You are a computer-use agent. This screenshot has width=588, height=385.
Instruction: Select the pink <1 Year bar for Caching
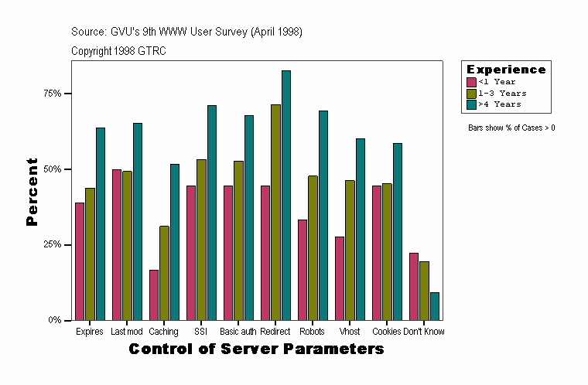coord(154,295)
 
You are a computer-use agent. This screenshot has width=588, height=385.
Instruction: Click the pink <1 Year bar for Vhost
coord(340,278)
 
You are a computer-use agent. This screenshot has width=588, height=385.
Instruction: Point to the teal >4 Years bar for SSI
coord(212,213)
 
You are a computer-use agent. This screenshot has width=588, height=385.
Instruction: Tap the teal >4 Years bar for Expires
coord(101,223)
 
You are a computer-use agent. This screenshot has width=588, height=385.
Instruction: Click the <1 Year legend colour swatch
coord(471,81)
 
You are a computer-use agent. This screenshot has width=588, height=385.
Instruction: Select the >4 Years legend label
coord(499,104)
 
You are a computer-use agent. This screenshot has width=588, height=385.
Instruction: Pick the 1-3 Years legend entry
coord(502,93)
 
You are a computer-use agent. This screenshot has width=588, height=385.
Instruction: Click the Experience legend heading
coord(505,70)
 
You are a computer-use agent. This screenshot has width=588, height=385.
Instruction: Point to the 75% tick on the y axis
coord(68,94)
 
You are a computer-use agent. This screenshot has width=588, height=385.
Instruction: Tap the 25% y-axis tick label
coord(53,244)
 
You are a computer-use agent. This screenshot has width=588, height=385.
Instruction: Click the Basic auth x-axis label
coord(238,332)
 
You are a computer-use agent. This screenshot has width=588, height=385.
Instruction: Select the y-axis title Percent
coord(32,192)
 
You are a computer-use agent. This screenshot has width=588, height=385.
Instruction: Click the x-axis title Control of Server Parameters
coord(256,349)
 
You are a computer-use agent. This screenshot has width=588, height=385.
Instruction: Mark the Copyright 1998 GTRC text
coord(118,51)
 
